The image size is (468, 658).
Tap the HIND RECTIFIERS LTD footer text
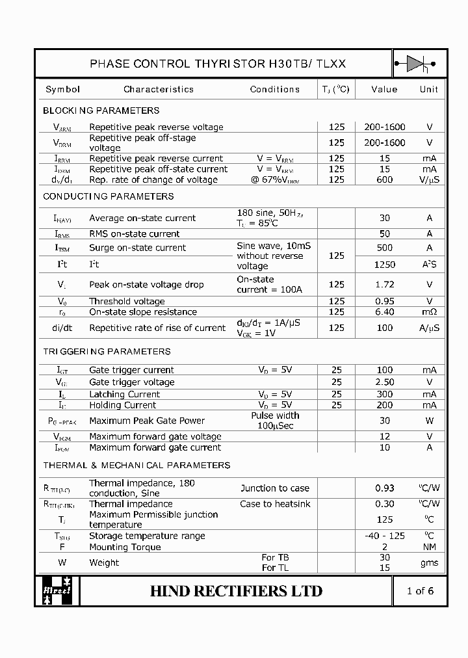coord(236,591)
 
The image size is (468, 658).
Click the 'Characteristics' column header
coord(159,89)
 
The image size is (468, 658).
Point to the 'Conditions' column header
coord(274,89)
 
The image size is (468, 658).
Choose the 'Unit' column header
coord(429,89)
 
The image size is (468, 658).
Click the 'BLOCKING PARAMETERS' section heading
coord(101,111)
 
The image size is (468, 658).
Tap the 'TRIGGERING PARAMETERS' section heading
coord(107,352)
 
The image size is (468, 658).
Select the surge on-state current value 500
coord(385,248)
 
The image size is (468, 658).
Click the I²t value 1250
coord(385,265)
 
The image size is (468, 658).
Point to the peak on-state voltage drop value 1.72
coord(385,284)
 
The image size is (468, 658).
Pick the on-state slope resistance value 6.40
coord(385,311)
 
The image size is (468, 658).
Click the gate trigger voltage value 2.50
coord(385,382)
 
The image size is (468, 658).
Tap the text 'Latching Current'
coord(124,394)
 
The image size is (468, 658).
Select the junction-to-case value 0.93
coord(385,488)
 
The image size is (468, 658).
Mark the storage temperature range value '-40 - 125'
coord(385,536)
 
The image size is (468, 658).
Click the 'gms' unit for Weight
coord(429,562)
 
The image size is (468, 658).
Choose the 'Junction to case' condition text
coord(275,488)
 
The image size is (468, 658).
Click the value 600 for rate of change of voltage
coord(385,179)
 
